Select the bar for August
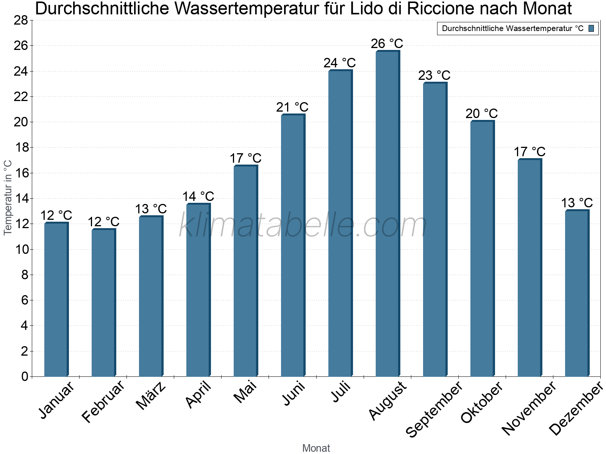pos(387,214)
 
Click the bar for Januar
pos(56,300)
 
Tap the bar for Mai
pos(245,271)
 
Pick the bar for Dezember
pos(577,293)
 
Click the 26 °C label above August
pos(387,44)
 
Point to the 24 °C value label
pos(339,63)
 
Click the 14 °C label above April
pos(198,197)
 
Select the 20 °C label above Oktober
pos(481,113)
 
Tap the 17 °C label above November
pos(529,152)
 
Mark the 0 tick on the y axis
pos(25,376)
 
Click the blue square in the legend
pos(591,28)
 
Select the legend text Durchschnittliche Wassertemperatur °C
pos(512,29)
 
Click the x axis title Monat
pos(316,448)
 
